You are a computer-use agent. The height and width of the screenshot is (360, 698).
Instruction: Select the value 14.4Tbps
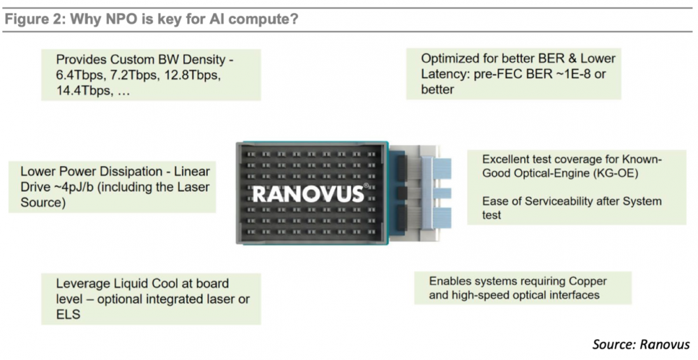(84, 90)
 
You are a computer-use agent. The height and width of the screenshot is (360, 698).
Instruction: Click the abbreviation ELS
(68, 314)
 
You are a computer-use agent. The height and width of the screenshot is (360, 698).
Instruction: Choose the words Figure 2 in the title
(32, 20)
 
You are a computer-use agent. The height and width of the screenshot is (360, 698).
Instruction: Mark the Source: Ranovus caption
(641, 344)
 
